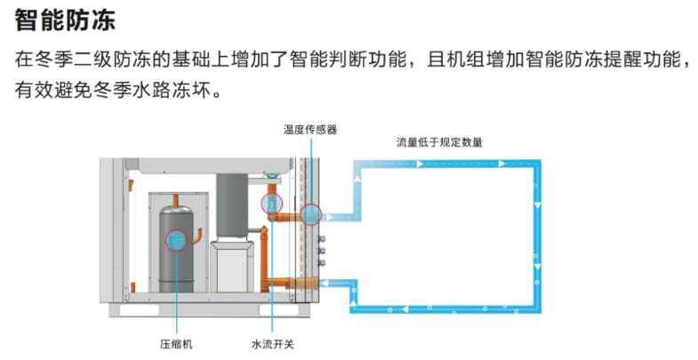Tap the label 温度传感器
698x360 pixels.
coord(309,129)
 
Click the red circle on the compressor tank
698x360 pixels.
coord(177,240)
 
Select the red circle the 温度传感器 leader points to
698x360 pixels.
coord(310,213)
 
